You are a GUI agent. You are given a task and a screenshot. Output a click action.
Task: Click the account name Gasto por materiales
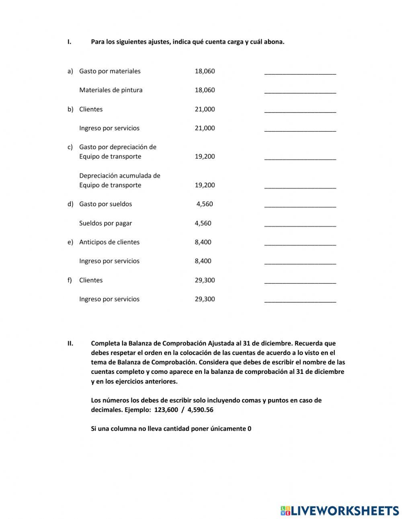coord(110,71)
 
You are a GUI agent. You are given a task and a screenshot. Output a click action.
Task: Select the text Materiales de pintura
coord(111,90)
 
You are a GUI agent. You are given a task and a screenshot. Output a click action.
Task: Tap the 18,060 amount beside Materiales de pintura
coord(205,90)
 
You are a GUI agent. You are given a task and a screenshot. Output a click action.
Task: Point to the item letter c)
coord(70,147)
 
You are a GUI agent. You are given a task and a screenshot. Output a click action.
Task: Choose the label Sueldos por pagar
coord(105,223)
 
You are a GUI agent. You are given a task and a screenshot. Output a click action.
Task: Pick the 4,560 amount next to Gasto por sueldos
coord(205,204)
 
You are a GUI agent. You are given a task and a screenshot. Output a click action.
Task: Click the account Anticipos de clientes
coord(109,242)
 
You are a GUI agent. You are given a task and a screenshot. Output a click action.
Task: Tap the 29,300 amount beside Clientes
coord(205,280)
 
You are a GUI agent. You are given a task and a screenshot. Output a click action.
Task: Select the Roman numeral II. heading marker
coord(70,343)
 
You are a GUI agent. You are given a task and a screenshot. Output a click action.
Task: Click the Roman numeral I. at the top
coord(69,42)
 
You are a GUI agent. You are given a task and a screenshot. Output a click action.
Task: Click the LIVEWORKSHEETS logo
coord(339,511)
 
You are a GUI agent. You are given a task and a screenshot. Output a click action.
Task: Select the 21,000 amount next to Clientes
coord(205,109)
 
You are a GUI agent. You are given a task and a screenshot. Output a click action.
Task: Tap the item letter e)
coord(70,242)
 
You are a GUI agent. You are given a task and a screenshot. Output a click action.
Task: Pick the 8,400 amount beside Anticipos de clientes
coord(203,242)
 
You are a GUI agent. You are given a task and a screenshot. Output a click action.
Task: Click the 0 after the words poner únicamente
coord(249,429)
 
